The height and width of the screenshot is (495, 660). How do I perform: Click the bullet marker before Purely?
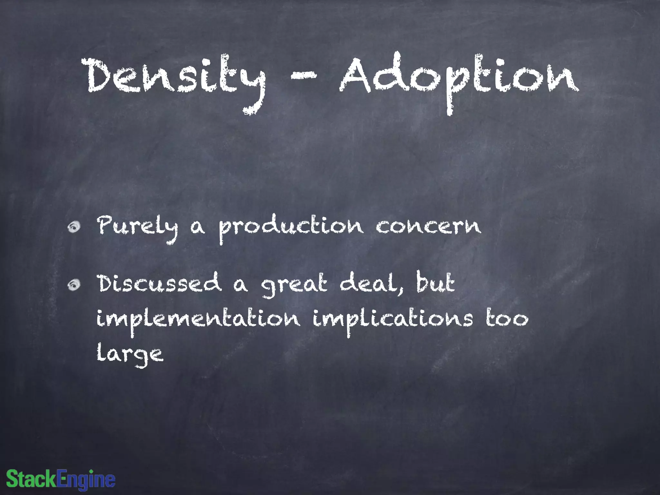pos(74,227)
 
